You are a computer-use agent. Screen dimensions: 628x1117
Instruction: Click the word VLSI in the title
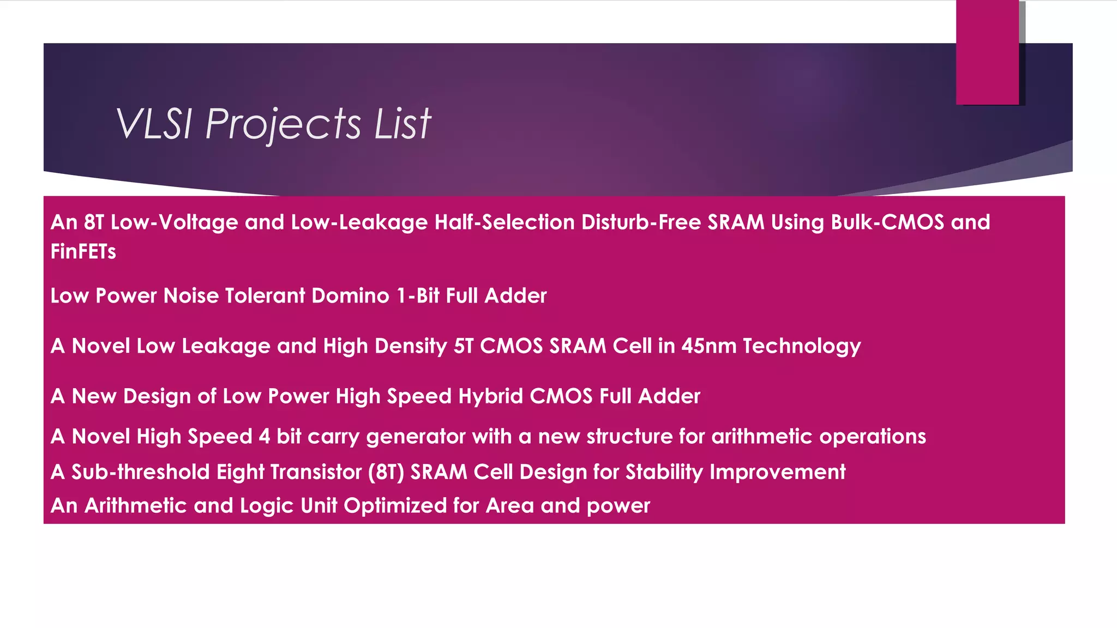154,124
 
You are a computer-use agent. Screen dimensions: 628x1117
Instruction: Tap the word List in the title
403,124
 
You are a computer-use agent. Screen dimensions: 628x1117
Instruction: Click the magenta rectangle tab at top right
987,52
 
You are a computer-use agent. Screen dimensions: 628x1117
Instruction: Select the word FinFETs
83,252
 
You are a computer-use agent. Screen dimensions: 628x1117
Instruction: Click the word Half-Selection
505,222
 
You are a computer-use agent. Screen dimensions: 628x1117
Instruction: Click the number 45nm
708,346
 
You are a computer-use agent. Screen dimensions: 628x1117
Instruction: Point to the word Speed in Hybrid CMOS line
419,397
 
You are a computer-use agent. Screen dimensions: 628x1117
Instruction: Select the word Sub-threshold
140,472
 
